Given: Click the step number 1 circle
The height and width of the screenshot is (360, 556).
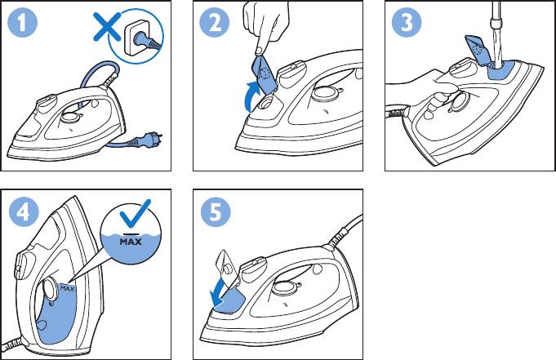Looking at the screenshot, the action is (22, 22).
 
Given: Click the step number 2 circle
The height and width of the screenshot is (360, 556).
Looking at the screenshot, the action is (214, 22).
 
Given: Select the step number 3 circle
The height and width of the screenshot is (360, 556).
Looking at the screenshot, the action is (407, 22).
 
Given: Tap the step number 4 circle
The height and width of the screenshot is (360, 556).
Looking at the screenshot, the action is (24, 212).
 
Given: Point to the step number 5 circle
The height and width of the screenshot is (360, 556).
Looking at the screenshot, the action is (216, 212).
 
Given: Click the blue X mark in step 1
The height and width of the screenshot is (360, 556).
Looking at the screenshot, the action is (107, 26).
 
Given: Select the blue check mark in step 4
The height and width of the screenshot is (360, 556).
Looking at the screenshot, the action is (135, 214).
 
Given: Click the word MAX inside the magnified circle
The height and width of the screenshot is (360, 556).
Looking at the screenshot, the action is (131, 242).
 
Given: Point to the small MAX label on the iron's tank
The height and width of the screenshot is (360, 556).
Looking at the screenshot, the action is (68, 289).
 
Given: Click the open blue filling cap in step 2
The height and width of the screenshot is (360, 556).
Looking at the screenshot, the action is (264, 73).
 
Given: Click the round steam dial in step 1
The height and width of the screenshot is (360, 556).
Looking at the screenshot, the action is (69, 118).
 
